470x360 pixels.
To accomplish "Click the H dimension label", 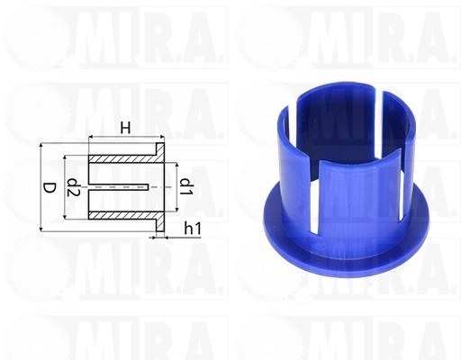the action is (125, 129).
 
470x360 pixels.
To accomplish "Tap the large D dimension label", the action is (50, 188).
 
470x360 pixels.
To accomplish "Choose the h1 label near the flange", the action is (193, 229).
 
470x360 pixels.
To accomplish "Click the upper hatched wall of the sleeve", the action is (123, 159).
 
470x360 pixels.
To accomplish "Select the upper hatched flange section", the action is (160, 153).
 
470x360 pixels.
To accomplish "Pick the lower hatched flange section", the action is (160, 221).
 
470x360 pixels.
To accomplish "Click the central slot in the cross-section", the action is (119, 187).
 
